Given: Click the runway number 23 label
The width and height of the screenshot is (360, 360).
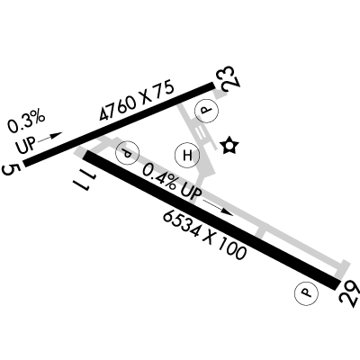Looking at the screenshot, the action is coord(231,78).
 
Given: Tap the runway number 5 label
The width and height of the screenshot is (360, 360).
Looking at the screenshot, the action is coord(12,169).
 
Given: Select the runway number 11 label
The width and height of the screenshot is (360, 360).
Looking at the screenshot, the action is coord(84,181).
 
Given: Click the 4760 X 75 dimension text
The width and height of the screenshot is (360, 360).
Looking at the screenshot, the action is coord(137,100).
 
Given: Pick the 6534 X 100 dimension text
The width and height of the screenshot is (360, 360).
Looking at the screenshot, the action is coord(204,235).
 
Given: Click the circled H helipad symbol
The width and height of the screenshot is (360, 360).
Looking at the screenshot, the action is coord(187,155).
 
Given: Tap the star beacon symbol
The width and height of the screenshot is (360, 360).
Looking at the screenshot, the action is coord(229,146).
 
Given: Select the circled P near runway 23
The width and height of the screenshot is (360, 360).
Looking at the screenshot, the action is coord(206,110).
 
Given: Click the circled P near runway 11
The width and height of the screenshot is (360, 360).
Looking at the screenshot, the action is coord(128,153).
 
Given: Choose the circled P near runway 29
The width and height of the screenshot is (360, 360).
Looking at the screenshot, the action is coord(306,293).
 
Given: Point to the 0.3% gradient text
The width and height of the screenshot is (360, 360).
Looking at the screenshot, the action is coord(26,121).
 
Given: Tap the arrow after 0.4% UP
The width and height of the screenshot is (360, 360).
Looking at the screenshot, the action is coord(218,208).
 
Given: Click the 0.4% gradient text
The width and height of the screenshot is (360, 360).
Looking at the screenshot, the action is coord(159,177).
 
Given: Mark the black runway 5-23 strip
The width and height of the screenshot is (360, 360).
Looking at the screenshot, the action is coord(120,124).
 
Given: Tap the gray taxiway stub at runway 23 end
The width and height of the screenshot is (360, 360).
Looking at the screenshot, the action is coord(220,94).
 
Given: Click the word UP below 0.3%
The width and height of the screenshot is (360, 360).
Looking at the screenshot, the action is coord(26,145).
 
